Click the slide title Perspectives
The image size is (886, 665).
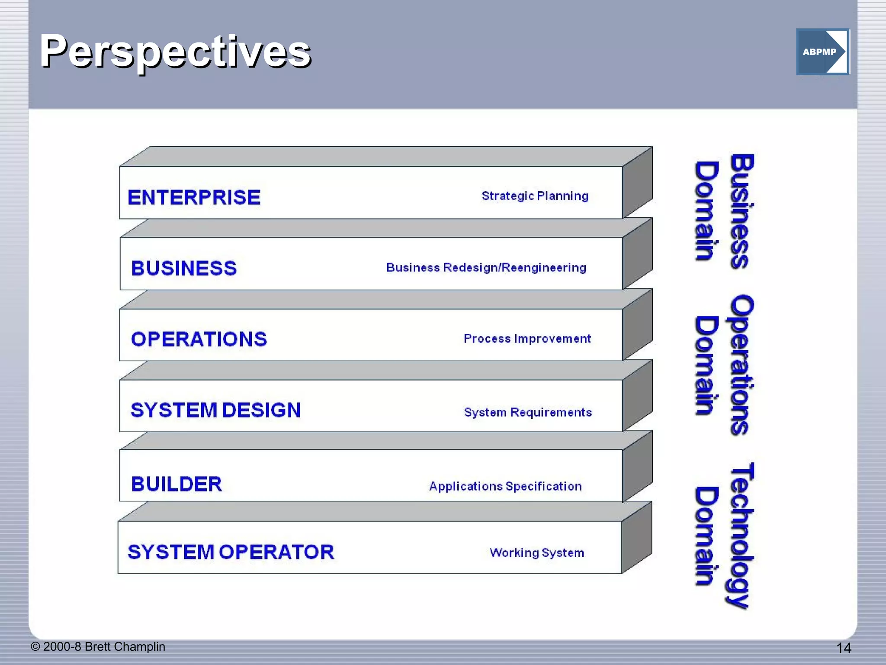coord(175,52)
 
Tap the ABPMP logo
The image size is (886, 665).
coord(822,52)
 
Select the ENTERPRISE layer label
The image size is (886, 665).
coord(194,197)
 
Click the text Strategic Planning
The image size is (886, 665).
coord(535,196)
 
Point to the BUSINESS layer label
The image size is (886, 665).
coord(184,268)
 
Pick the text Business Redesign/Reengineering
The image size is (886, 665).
coord(486,268)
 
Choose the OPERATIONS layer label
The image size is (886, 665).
coord(199,339)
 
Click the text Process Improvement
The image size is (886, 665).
coord(527,339)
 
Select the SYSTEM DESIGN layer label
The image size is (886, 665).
coord(215,410)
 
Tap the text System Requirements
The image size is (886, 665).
coord(527,412)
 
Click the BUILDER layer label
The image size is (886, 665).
coord(177,484)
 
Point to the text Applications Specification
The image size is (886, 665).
coord(505,486)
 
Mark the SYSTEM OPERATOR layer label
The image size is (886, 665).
coord(231,552)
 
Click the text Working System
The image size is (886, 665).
coord(536,553)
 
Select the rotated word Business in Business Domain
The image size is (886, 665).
coord(742,211)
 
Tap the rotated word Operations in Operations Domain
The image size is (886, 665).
coord(742,365)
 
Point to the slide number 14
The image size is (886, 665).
coord(844,648)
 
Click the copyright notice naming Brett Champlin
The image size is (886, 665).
coord(98,646)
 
